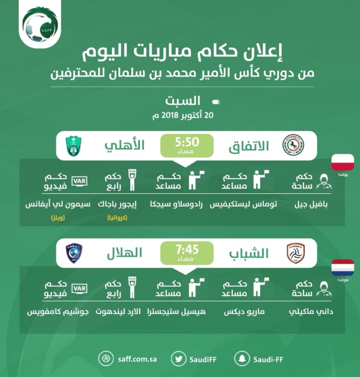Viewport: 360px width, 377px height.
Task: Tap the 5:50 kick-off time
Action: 187,142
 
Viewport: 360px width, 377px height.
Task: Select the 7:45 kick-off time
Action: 187,250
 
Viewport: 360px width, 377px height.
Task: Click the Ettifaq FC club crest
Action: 293,145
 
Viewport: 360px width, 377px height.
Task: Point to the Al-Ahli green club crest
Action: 74,146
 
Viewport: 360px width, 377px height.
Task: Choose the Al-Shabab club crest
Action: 296,254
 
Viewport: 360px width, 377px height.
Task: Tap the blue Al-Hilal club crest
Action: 74,253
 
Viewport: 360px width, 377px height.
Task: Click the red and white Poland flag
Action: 343,162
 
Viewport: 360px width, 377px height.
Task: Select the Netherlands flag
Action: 343,267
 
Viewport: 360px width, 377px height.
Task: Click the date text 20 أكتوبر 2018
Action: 183,115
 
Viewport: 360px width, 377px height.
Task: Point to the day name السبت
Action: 183,101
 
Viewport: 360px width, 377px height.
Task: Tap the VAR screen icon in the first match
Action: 79,181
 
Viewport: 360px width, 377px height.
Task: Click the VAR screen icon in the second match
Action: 79,288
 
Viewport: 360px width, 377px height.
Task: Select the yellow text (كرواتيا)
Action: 117,218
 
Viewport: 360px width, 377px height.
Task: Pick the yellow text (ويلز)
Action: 58,218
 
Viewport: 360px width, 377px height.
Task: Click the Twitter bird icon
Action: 178,359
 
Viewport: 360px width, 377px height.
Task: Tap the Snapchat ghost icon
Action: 242,359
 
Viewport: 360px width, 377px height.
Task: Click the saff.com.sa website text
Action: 137,359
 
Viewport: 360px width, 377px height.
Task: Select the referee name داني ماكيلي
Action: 311,312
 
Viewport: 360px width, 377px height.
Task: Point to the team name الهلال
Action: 125,253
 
